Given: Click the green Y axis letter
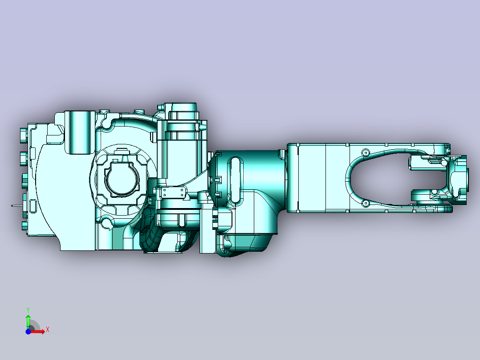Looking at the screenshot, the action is [x=28, y=310].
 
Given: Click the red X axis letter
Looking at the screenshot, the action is [x=48, y=330].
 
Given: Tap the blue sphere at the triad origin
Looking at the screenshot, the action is [x=28, y=331].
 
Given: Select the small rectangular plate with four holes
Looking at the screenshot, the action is [x=174, y=193].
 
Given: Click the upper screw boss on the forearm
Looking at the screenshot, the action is [x=365, y=152].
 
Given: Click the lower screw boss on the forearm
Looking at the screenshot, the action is [x=365, y=203].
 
